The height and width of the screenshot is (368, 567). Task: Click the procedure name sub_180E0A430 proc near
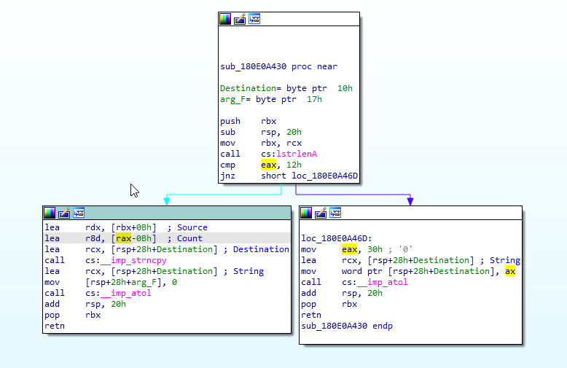278,67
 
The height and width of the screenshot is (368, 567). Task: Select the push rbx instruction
249,122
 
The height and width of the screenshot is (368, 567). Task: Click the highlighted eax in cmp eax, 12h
269,165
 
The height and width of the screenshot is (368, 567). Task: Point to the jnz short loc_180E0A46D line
289,176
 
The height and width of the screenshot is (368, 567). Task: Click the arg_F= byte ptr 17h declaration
270,100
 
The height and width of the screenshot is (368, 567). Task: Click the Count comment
189,238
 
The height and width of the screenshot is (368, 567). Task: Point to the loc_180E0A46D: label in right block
336,238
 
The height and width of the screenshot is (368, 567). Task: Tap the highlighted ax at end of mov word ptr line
510,271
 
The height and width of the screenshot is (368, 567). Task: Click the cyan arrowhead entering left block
167,200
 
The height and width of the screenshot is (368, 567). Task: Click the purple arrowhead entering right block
410,200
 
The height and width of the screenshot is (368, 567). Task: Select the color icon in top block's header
225,19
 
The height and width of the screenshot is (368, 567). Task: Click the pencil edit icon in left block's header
64,213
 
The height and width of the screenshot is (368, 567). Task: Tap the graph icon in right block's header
335,213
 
